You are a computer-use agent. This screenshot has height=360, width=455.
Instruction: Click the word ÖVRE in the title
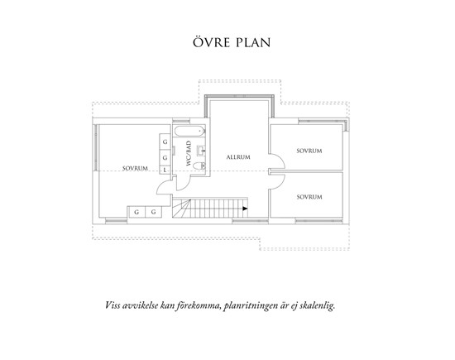[x=211, y=42]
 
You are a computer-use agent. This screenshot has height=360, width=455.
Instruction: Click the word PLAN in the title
[x=253, y=42]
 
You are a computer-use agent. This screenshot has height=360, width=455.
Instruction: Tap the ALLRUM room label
[x=238, y=157]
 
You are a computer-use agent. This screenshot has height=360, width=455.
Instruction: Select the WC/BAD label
[x=189, y=153]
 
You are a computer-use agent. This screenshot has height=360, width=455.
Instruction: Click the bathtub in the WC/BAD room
[x=189, y=132]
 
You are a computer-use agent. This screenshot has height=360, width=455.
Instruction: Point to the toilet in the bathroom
[x=199, y=166]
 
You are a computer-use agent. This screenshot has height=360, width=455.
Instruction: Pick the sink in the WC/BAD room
[x=201, y=150]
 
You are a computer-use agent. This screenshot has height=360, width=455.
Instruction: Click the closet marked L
[x=165, y=170]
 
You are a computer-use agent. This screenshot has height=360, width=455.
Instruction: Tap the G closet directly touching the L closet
[x=165, y=158]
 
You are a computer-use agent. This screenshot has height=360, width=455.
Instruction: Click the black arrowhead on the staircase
[x=245, y=209]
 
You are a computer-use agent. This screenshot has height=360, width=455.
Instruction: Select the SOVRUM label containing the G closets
[x=135, y=168]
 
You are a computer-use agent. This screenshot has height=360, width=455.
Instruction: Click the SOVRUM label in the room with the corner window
[x=309, y=151]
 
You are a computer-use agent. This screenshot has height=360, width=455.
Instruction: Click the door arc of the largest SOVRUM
[x=162, y=186]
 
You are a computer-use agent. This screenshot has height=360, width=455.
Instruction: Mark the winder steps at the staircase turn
[x=181, y=209]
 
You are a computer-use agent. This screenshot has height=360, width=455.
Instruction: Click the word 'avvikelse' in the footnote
[x=140, y=305]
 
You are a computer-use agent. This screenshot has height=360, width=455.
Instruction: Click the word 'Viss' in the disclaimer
[x=112, y=305]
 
